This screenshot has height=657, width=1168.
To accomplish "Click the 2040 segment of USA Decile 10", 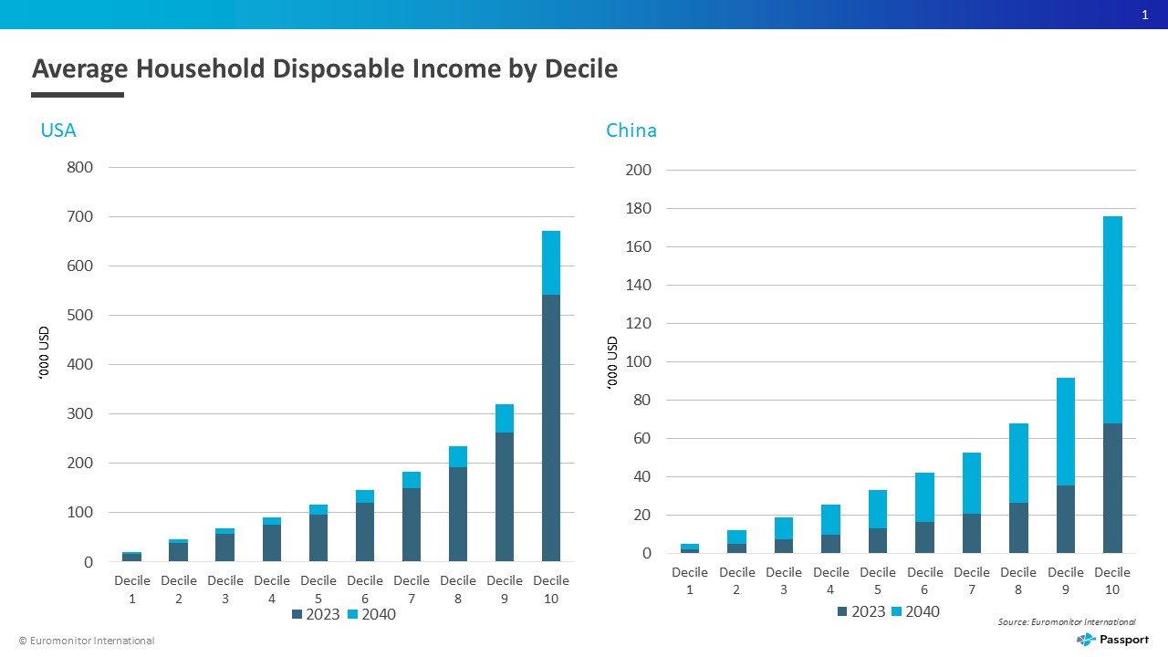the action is click(551, 263).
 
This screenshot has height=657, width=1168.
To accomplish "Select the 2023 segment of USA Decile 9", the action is click(505, 497).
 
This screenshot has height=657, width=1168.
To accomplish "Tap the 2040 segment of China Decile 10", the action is click(1112, 319).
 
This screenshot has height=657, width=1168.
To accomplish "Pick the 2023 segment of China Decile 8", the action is click(1019, 527).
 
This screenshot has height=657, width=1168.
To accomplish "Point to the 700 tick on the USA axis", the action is click(79, 216).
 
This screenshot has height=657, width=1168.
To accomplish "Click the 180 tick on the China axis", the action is click(638, 209).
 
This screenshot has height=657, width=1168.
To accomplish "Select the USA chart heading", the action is click(58, 130).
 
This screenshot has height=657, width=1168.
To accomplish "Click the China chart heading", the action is click(631, 130).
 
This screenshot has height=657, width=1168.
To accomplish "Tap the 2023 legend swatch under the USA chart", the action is click(297, 614).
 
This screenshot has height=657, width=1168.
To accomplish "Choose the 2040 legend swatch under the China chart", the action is click(896, 611).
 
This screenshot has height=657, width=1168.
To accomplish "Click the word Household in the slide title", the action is click(201, 68).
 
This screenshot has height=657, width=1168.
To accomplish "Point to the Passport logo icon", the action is click(1086, 640).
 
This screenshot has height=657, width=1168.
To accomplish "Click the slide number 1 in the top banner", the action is click(1145, 15).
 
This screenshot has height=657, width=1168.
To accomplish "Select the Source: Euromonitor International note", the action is click(1067, 621).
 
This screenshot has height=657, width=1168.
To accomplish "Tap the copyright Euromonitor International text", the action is click(87, 641).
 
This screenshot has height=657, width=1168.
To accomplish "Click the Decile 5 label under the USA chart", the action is click(318, 589).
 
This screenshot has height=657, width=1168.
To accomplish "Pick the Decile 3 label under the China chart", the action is click(784, 581).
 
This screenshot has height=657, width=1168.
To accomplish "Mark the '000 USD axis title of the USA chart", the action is click(44, 353).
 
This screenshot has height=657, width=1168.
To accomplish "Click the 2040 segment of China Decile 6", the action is click(924, 497).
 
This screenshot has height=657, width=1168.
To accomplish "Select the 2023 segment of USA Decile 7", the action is click(412, 525).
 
